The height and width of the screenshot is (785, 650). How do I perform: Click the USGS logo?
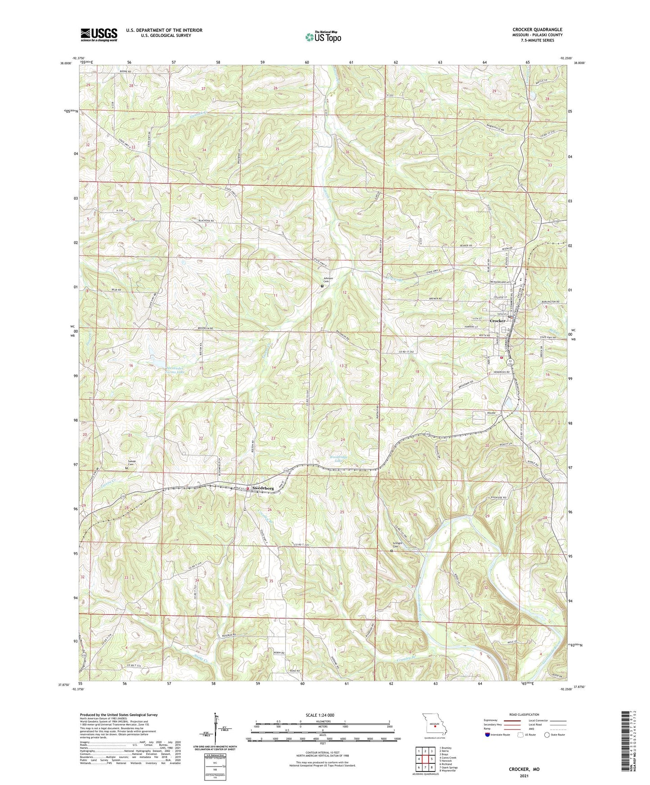[x=99, y=35]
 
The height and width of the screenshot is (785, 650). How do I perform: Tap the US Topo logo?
[x=323, y=37]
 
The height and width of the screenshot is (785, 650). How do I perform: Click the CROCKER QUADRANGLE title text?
[x=537, y=30]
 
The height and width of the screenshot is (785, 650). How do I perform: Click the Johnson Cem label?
[x=328, y=280]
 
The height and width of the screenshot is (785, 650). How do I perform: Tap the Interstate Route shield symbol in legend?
[x=488, y=735]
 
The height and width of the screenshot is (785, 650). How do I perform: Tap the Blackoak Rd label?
[x=206, y=221]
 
